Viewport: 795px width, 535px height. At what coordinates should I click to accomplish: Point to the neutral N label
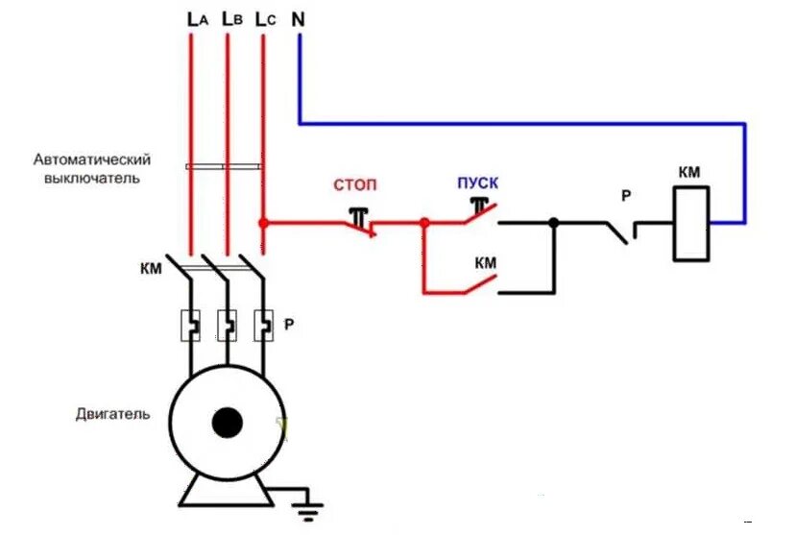pos(300,17)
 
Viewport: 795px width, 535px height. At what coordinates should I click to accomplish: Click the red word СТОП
pos(355,183)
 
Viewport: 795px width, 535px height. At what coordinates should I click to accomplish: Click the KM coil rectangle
pos(691,224)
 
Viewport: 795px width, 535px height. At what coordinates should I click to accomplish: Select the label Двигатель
pos(112,415)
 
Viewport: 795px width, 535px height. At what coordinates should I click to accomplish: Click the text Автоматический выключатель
pos(92,168)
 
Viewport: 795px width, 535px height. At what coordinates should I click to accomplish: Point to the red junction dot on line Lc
pos(263,223)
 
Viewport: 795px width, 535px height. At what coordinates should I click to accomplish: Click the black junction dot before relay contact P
pos(553,223)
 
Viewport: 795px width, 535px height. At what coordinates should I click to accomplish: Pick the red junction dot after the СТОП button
pos(423,223)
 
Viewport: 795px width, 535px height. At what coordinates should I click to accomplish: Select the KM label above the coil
pos(689,172)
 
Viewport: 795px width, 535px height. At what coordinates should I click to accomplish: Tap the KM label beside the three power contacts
pos(150,268)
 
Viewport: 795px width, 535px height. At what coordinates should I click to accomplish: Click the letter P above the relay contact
pos(625,196)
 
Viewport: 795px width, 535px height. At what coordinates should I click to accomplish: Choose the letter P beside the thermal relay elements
pos(288,325)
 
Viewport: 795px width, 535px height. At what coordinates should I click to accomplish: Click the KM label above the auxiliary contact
pos(485,262)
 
